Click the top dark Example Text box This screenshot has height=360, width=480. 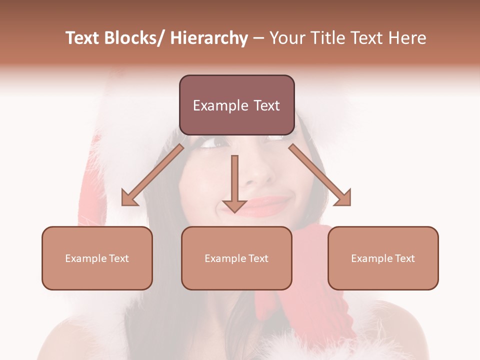click(x=236, y=105)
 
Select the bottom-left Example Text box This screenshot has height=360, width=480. click(x=97, y=258)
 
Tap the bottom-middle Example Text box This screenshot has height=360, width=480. click(x=236, y=258)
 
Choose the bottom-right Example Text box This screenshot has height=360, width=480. click(x=383, y=258)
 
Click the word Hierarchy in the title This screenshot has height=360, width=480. click(x=209, y=38)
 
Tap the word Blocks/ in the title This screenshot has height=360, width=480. click(x=139, y=38)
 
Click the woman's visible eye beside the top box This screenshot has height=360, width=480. click(x=212, y=142)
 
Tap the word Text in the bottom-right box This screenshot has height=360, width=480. click(x=404, y=258)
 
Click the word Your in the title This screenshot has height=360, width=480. click(x=286, y=38)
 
